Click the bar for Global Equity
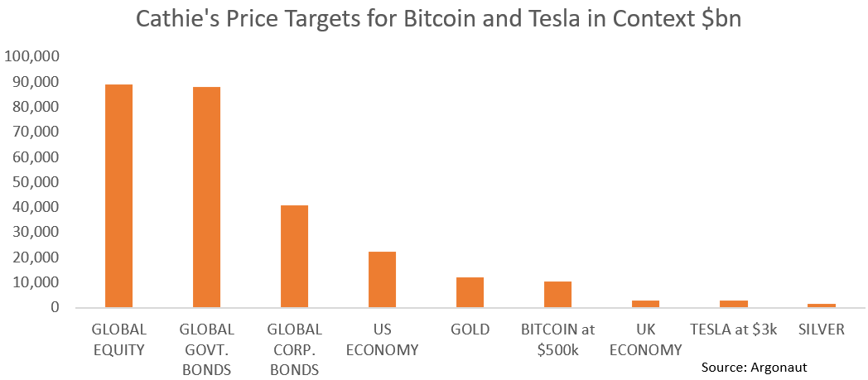tap(119, 195)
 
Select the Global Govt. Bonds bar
tap(207, 197)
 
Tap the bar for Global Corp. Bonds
tap(295, 256)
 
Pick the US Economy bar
tap(382, 279)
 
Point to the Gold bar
tap(470, 292)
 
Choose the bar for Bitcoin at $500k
tap(557, 294)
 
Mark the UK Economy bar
tap(645, 304)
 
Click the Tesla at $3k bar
tap(733, 304)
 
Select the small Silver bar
tap(821, 305)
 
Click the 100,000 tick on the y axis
tap(32, 56)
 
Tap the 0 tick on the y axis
tap(55, 307)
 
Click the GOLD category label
tap(470, 329)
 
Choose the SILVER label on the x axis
tap(821, 329)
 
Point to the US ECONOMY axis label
tap(382, 339)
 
